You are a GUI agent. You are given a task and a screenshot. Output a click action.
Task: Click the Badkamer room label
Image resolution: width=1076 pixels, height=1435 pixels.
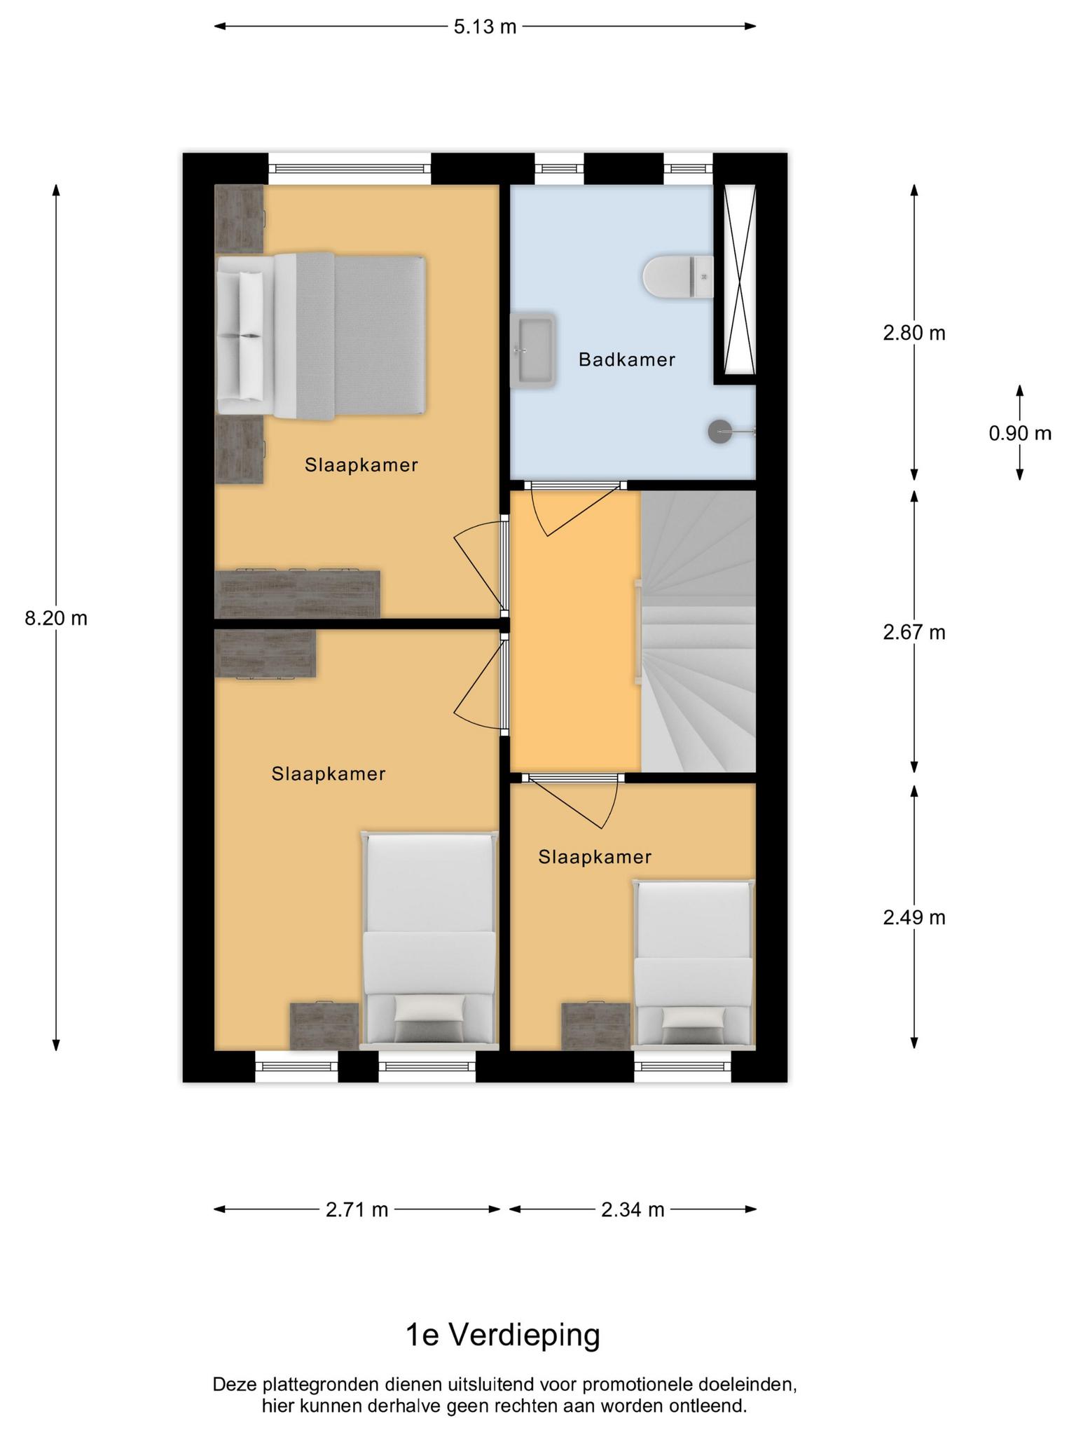click(x=627, y=360)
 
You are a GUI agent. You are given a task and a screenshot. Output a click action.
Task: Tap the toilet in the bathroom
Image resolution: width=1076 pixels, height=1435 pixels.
click(x=678, y=276)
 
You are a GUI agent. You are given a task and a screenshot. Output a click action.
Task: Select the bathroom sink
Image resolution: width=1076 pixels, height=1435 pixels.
click(x=533, y=350)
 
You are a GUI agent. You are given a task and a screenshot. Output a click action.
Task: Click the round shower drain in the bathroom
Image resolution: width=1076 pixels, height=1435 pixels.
click(x=719, y=431)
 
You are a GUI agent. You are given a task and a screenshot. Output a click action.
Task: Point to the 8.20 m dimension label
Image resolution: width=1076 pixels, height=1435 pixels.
click(x=56, y=618)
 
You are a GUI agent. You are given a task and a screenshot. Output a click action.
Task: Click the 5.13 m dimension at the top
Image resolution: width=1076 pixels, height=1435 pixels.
click(x=485, y=27)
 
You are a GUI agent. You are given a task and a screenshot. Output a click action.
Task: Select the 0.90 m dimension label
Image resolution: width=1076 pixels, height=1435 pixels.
click(x=1020, y=433)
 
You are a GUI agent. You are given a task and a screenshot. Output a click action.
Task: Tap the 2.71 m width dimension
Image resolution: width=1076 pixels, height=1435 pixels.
click(x=357, y=1209)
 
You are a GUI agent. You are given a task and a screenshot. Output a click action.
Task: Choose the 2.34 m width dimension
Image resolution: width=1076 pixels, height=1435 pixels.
click(x=633, y=1209)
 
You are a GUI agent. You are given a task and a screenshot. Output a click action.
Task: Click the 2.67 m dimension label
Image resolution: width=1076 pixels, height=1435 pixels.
click(x=914, y=632)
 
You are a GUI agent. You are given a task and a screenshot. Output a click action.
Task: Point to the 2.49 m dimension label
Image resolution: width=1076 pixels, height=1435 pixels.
click(x=914, y=917)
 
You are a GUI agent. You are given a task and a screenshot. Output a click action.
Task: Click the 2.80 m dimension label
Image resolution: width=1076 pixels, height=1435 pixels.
click(x=914, y=333)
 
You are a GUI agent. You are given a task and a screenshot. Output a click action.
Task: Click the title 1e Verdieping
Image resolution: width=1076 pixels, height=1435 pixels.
click(x=503, y=1336)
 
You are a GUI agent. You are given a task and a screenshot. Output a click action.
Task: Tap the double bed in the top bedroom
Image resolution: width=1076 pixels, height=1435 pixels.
click(x=321, y=336)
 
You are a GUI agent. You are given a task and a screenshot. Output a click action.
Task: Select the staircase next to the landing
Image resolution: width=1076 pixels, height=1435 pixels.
click(x=698, y=631)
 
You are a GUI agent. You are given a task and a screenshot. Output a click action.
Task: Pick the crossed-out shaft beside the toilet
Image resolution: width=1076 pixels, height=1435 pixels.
click(x=740, y=279)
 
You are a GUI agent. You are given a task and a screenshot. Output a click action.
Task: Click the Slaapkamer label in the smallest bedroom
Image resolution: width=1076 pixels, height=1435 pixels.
click(x=595, y=857)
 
